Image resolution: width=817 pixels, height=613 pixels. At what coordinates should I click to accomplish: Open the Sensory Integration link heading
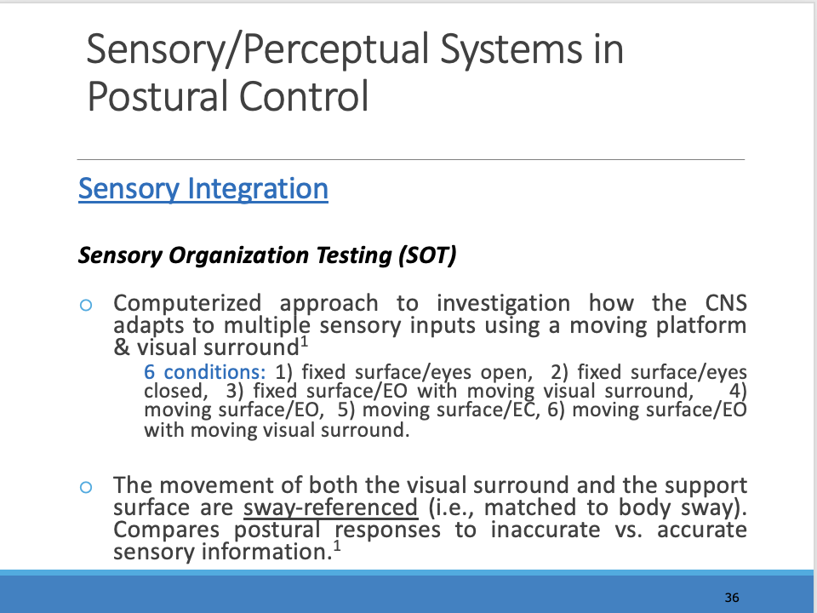click(x=203, y=188)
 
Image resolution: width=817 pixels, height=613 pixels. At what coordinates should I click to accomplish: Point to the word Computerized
click(x=186, y=303)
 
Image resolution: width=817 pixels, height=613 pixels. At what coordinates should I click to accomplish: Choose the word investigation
click(x=503, y=303)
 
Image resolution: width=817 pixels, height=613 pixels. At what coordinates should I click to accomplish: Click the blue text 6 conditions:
click(x=205, y=372)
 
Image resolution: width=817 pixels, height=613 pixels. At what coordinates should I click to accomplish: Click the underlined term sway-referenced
click(x=330, y=508)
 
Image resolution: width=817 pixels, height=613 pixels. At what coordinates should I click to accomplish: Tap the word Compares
click(x=155, y=530)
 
